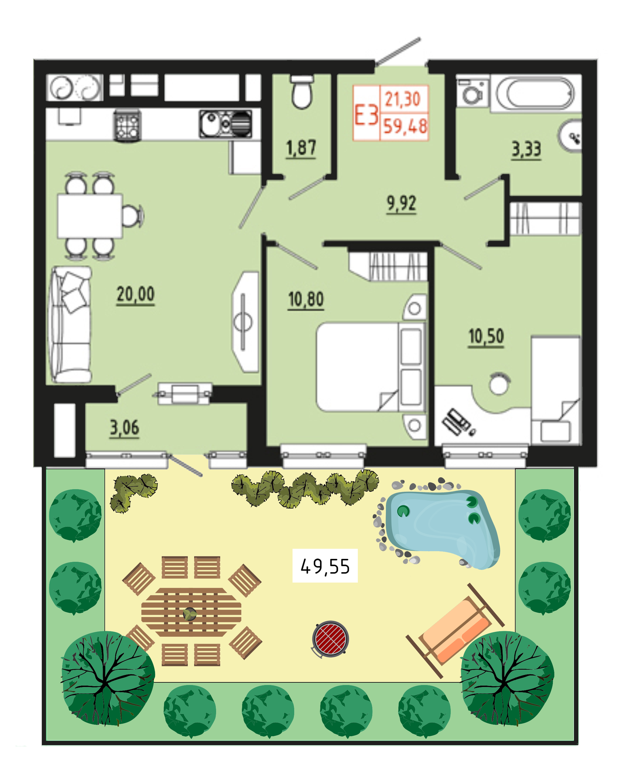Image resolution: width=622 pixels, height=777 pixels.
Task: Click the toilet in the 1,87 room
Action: pos(302,92)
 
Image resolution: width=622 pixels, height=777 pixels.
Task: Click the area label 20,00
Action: pos(136,295)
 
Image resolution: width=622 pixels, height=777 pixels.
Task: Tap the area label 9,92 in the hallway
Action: pos(401,204)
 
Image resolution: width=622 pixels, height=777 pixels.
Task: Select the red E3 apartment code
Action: pos(366,115)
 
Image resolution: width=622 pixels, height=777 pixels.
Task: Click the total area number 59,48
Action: pos(405,126)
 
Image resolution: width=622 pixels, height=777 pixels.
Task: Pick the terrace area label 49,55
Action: pos(325,566)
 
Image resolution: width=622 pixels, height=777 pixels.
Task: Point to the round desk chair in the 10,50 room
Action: pos(499,384)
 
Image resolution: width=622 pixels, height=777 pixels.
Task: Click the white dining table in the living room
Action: pos(90,216)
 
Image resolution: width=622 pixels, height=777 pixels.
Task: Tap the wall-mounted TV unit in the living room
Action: pos(245,322)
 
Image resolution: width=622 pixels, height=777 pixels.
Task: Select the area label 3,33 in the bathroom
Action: pos(526,150)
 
